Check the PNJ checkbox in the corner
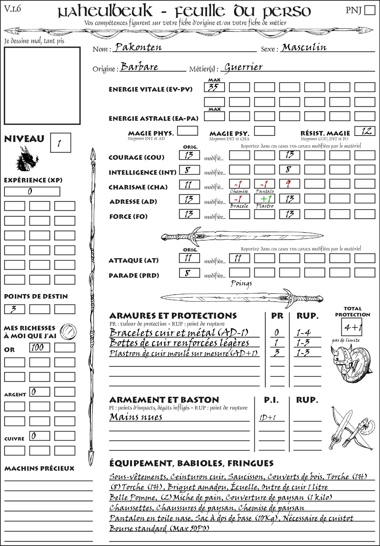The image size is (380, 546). click(370, 10)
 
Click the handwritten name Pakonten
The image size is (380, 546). click(138, 47)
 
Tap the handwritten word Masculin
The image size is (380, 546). click(304, 47)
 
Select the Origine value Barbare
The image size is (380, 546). click(140, 67)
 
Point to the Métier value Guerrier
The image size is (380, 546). click(243, 67)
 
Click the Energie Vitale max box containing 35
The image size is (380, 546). click(214, 87)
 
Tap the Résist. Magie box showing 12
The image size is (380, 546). click(365, 131)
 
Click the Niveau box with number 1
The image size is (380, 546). click(60, 143)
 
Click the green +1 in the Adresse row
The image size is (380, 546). click(265, 199)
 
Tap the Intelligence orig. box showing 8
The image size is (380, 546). click(189, 170)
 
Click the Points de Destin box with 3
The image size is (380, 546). click(14, 309)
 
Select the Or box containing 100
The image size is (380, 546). click(39, 347)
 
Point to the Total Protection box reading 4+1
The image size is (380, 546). click(352, 327)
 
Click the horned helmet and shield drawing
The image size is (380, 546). click(350, 362)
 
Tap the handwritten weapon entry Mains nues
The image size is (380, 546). click(136, 417)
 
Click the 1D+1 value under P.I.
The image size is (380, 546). click(268, 418)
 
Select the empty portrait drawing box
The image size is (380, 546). click(42, 86)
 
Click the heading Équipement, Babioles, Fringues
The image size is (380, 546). click(191, 463)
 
